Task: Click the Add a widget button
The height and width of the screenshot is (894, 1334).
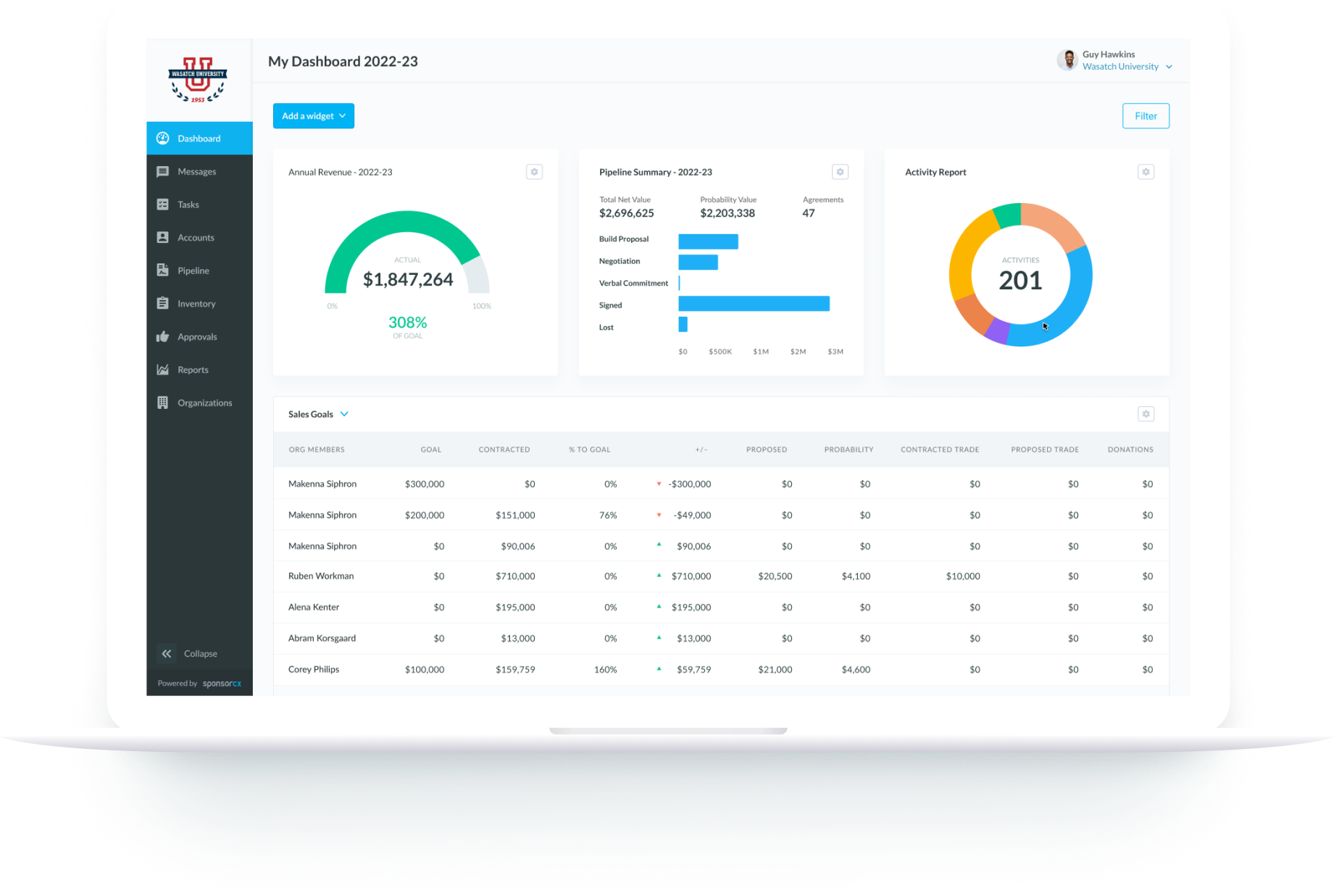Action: click(x=313, y=116)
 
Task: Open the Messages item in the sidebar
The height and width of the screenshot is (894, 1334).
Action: click(x=196, y=172)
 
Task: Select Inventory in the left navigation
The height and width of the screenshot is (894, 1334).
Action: click(x=196, y=304)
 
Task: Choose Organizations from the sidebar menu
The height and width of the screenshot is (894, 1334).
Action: click(x=204, y=403)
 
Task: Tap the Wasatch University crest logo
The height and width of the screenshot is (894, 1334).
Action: click(x=198, y=79)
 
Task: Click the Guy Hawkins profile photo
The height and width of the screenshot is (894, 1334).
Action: click(x=1067, y=60)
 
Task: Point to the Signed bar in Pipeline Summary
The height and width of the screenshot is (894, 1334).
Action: click(x=754, y=304)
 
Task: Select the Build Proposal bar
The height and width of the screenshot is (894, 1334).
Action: click(x=708, y=241)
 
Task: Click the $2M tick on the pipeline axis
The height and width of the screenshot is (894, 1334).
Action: click(x=798, y=352)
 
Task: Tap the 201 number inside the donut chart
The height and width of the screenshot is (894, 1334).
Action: click(x=1020, y=281)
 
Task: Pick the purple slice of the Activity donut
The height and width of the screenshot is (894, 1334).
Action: click(x=997, y=331)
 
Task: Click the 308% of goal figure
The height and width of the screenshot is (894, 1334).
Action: click(x=407, y=323)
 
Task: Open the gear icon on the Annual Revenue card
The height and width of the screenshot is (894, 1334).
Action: click(x=534, y=172)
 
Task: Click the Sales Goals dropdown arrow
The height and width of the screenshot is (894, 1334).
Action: click(x=344, y=414)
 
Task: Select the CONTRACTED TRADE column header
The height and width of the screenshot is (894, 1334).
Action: click(x=940, y=450)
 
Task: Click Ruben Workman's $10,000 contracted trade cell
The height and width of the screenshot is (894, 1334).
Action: click(x=962, y=576)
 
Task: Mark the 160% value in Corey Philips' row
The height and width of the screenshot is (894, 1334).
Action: click(x=605, y=670)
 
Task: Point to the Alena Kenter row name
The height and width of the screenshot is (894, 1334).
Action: click(x=314, y=608)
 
